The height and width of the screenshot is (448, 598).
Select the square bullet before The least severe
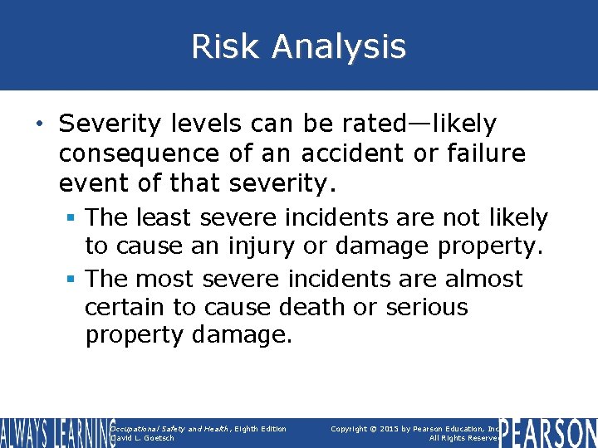click(x=73, y=219)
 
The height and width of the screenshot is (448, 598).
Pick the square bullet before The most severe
click(x=73, y=279)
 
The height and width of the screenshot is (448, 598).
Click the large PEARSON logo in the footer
click(x=547, y=433)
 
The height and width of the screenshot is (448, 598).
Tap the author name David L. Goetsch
click(x=143, y=438)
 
